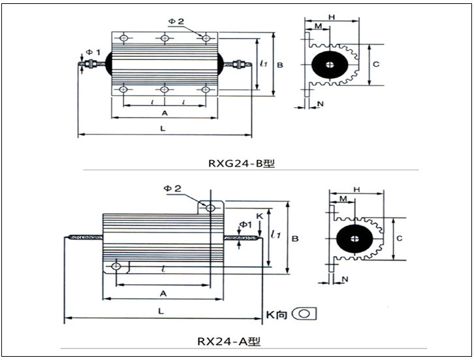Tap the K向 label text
(x=276, y=314)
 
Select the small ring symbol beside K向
(x=304, y=314)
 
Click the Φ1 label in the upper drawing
(x=93, y=52)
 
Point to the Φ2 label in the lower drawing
(x=172, y=189)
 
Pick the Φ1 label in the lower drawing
(x=245, y=225)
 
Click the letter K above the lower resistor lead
(x=259, y=216)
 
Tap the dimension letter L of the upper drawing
(x=163, y=129)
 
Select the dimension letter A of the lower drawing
(x=163, y=293)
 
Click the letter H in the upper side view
(x=332, y=16)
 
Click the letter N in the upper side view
(x=320, y=103)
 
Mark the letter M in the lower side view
(x=343, y=198)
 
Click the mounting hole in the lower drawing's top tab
(x=210, y=208)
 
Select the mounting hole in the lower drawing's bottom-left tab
(x=116, y=267)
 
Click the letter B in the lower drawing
(x=295, y=239)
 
